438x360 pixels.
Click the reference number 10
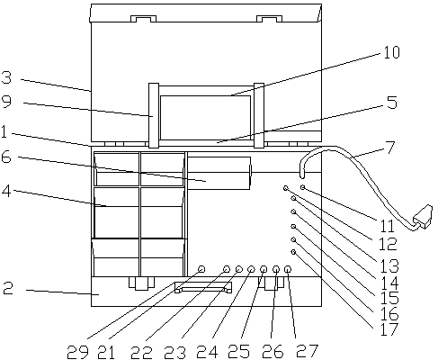(x=392, y=52)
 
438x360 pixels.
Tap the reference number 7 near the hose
(x=390, y=148)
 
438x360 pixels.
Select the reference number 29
(x=77, y=352)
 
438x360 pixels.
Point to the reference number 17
(x=389, y=329)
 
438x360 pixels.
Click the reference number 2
(x=8, y=288)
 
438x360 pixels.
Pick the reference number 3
(x=6, y=77)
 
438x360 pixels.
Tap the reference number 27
(x=307, y=351)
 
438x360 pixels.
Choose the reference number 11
(x=387, y=226)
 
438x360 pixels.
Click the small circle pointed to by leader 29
(x=201, y=269)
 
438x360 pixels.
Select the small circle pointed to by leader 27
(x=288, y=269)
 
